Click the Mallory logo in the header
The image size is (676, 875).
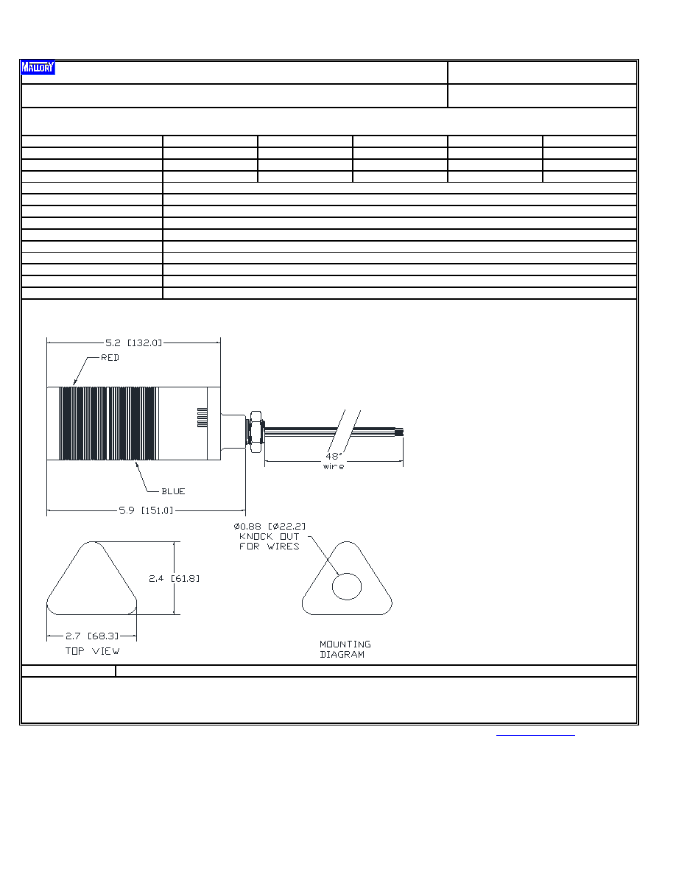38,68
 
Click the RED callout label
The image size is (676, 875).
110,358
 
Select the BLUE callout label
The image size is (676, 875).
173,491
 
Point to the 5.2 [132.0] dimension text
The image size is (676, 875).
133,342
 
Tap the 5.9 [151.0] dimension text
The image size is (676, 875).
146,510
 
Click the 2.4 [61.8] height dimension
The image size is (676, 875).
174,578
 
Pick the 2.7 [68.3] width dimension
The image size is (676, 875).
92,636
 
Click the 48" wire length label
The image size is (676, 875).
334,461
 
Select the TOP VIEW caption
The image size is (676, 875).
93,650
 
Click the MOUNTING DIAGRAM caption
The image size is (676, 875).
345,649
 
